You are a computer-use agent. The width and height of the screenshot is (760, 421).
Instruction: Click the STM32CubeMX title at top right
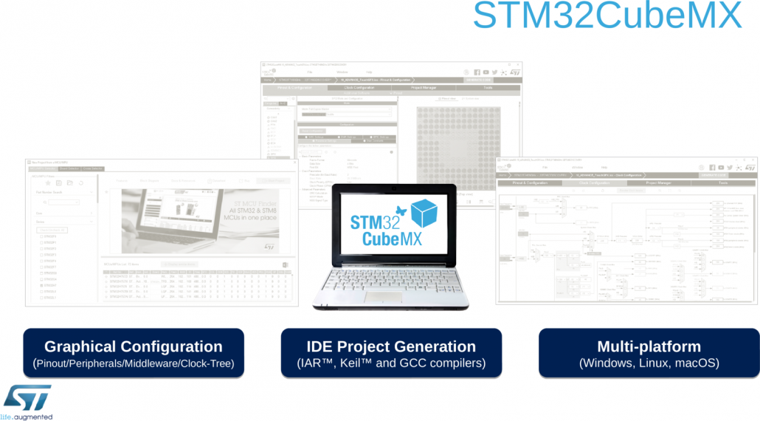tap(607, 16)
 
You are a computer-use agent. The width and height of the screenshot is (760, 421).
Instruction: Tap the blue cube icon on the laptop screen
tap(426, 213)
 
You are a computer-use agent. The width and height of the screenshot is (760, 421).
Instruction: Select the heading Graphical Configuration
tap(133, 346)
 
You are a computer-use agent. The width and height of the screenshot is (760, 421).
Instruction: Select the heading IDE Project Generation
tap(391, 346)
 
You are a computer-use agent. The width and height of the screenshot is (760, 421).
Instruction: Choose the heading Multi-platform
tap(649, 346)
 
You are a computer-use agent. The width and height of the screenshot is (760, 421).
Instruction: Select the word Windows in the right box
tap(607, 363)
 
